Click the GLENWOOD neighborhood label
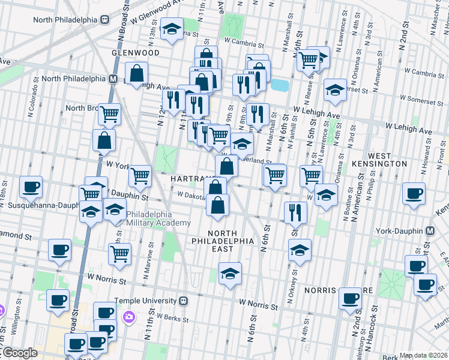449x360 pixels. (x=135, y=53)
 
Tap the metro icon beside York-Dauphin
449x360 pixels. (x=429, y=231)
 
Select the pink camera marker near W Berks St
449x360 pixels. (x=128, y=316)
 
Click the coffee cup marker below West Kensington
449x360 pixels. (x=414, y=194)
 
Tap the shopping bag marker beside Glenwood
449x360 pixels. (x=137, y=73)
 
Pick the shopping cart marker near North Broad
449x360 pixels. (x=109, y=113)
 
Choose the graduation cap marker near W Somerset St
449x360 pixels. (x=335, y=89)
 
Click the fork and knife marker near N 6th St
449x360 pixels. (x=295, y=211)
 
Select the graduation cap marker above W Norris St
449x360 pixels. (x=229, y=274)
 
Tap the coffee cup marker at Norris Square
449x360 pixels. (x=350, y=298)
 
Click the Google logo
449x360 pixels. (x=19, y=353)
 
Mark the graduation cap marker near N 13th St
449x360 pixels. (x=172, y=29)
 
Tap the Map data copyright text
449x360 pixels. (x=423, y=355)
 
